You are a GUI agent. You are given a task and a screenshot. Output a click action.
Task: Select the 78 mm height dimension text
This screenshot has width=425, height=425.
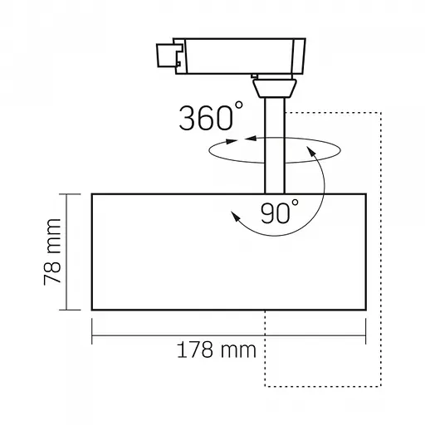(51, 252)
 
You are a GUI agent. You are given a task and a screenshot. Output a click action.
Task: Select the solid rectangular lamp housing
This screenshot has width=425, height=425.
(227, 252)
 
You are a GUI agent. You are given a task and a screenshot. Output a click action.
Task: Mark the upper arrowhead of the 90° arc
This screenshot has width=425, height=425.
(310, 150)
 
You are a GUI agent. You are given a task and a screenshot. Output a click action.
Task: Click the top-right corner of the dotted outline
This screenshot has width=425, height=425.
(379, 112)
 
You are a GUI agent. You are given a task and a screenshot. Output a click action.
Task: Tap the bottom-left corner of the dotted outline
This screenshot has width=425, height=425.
(265, 386)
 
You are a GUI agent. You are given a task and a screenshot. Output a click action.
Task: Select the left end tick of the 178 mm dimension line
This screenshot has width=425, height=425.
(91, 338)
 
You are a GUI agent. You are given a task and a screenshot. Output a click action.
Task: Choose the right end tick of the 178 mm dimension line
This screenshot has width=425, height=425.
(364, 338)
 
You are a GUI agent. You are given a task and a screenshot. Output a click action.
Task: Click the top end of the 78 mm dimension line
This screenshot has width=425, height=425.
(64, 192)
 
